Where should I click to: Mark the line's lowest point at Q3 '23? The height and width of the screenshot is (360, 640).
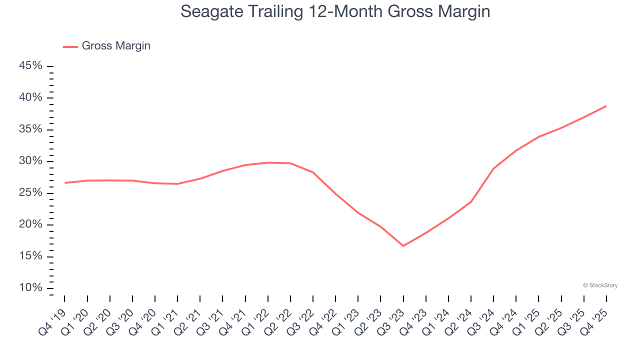point(403,245)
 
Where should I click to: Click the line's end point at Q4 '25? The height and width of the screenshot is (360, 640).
point(606,106)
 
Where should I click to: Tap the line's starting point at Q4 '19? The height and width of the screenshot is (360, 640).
point(65,183)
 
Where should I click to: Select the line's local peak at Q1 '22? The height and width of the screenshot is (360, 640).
point(268,162)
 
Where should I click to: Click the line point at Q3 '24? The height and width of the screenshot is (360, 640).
point(493,168)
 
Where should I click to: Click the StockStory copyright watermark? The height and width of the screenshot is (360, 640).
point(600,285)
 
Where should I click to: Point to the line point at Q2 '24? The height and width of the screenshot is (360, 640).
point(471,201)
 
